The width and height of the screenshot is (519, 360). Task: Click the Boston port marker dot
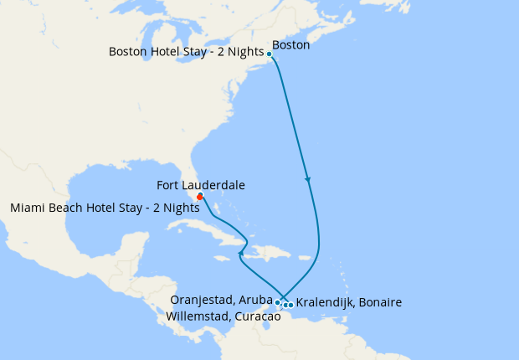[x=270, y=54]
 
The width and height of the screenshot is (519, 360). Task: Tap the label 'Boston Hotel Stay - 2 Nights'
[x=185, y=52]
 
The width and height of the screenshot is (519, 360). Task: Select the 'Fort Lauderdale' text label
[x=201, y=185]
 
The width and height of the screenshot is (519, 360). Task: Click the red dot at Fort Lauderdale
[x=200, y=197]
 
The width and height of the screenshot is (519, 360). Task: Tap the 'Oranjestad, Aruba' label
[x=221, y=299]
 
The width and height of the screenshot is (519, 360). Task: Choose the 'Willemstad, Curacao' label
[x=223, y=316]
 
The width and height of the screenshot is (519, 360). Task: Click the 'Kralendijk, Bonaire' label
[x=349, y=301]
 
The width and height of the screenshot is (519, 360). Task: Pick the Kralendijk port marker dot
[x=290, y=305]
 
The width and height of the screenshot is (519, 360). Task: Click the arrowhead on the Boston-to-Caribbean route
[x=308, y=179]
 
